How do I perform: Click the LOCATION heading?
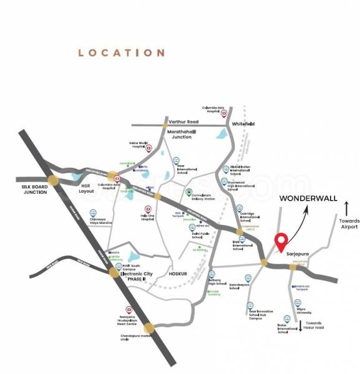121,53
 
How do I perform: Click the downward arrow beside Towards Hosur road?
301,324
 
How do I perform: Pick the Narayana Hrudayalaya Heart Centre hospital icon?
129,310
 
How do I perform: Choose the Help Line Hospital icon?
148,209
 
